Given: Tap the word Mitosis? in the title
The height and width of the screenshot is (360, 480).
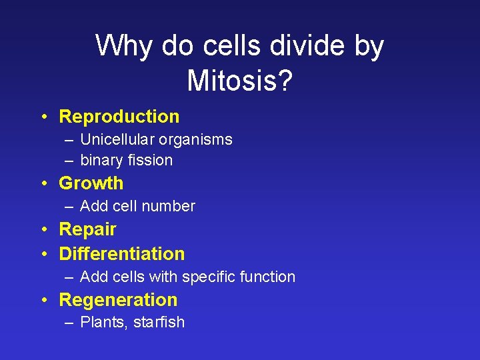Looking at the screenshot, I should [x=239, y=81].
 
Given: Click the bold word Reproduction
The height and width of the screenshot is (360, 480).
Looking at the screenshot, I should [x=119, y=117].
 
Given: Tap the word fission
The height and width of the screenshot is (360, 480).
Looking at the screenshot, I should [x=151, y=161].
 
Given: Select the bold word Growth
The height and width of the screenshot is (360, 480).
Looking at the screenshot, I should [x=91, y=183].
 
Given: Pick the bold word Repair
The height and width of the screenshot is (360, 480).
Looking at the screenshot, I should [x=87, y=229].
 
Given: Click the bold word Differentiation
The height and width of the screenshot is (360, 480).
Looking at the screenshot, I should [x=122, y=254].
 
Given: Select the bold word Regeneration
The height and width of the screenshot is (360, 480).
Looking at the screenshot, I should [x=118, y=300].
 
